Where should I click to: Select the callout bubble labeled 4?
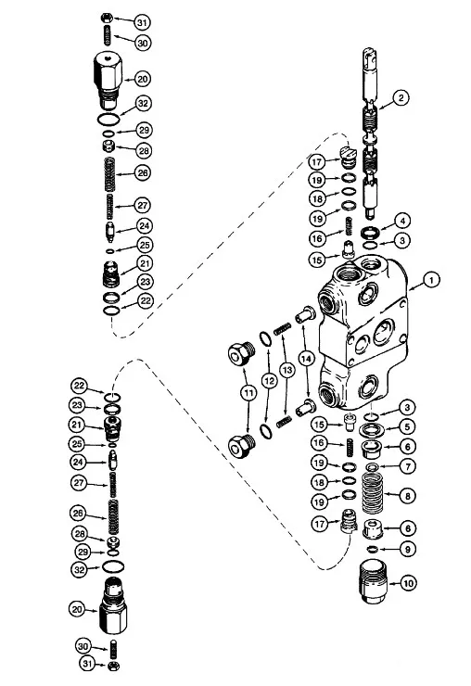404,221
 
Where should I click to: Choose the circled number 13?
289,371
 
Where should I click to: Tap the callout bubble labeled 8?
405,496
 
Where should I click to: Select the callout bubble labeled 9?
405,550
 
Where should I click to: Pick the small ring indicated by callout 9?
371,550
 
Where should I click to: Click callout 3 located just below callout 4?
404,240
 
